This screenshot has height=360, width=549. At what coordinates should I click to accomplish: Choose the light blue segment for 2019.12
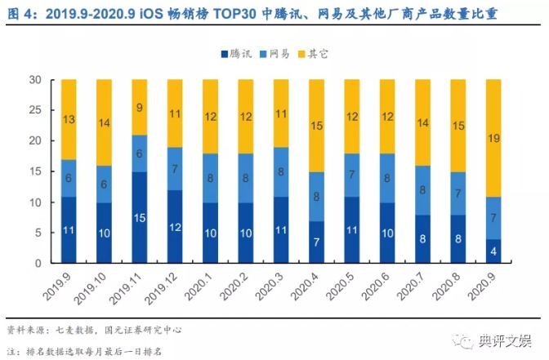(x=176, y=169)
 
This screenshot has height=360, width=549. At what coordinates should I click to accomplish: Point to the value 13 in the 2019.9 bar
(x=69, y=120)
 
